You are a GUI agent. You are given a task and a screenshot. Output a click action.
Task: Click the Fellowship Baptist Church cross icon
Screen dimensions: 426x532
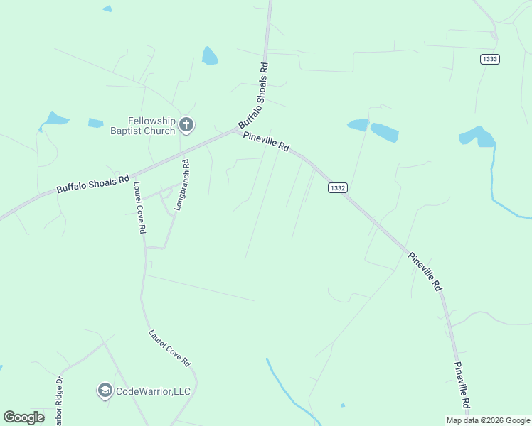click(x=186, y=126)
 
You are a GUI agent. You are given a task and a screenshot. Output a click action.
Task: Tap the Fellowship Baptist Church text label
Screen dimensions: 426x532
click(x=142, y=126)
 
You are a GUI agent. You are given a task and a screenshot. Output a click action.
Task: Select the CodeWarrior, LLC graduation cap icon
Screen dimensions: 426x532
click(x=105, y=390)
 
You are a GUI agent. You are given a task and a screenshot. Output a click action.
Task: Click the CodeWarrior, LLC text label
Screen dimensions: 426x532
click(x=154, y=391)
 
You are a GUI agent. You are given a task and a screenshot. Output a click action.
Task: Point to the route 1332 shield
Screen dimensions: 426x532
click(x=338, y=187)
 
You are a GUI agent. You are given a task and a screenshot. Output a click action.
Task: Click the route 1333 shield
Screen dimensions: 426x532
click(x=489, y=59)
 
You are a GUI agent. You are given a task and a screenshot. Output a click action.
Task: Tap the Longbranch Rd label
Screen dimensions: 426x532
click(x=181, y=187)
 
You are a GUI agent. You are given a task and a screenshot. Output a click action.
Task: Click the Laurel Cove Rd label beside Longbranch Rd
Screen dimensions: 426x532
click(x=139, y=207)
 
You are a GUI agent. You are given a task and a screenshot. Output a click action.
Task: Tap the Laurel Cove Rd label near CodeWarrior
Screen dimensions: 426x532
click(x=170, y=347)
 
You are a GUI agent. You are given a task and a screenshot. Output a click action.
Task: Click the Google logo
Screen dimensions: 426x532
click(x=24, y=417)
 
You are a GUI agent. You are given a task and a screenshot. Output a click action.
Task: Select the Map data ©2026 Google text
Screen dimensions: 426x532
click(x=488, y=420)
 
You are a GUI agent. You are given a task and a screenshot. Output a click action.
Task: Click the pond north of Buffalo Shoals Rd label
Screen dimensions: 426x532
click(x=209, y=55)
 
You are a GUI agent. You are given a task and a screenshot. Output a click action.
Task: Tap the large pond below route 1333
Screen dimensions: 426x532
click(x=478, y=136)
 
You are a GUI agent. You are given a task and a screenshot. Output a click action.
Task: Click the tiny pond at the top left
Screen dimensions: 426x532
click(x=107, y=9)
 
